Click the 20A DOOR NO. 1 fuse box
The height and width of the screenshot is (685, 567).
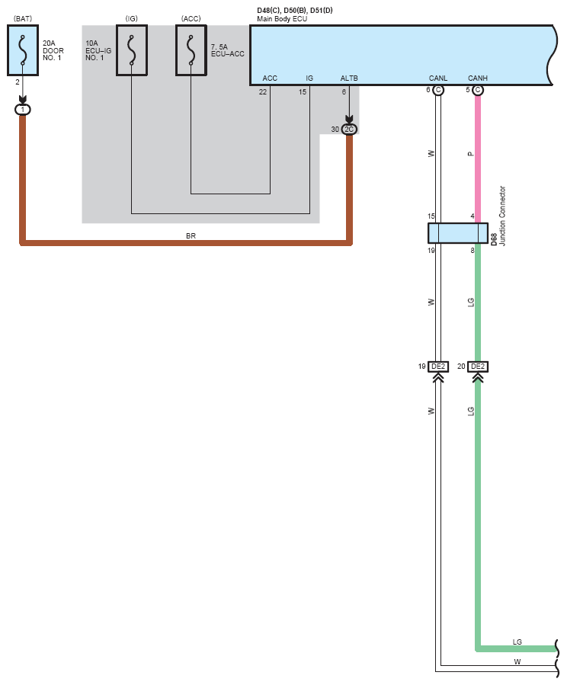point(23,50)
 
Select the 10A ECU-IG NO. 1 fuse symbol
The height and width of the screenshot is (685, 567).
point(132,50)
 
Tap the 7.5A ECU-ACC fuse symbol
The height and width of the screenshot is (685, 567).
point(191,50)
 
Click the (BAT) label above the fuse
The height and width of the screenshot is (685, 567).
point(23,18)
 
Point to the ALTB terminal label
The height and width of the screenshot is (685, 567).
point(349,78)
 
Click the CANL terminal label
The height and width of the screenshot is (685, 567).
point(438,78)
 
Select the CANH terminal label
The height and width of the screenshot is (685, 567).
point(477,78)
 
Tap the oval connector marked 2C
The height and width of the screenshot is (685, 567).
point(349,130)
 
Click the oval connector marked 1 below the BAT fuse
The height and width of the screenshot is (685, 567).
point(23,110)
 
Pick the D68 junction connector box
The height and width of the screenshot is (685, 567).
point(458,233)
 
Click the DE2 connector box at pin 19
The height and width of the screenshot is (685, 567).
point(438,367)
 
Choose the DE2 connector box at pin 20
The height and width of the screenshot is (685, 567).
point(478,367)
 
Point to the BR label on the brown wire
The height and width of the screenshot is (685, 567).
point(191,236)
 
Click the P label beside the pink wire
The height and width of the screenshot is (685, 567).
point(470,154)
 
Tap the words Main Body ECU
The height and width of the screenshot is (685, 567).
point(282,19)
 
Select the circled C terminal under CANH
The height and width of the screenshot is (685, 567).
point(478,90)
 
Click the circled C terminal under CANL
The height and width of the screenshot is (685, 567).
point(438,90)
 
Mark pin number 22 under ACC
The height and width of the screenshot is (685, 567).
point(262,91)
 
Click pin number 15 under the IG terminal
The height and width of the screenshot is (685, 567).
point(303,91)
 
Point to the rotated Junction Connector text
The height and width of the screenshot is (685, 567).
point(502,216)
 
